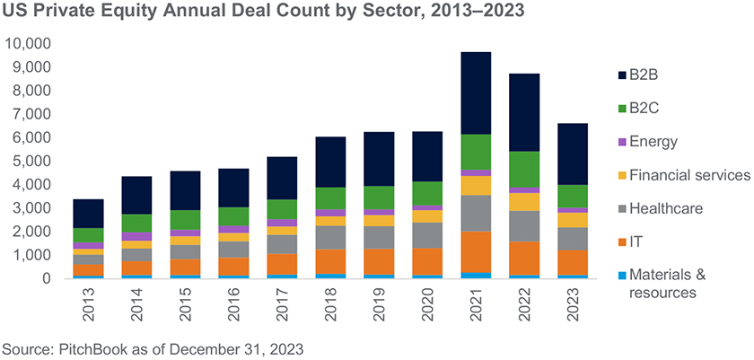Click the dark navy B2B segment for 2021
[x=477, y=93]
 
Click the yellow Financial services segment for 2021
[x=477, y=185]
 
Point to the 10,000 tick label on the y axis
[x=29, y=43]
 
